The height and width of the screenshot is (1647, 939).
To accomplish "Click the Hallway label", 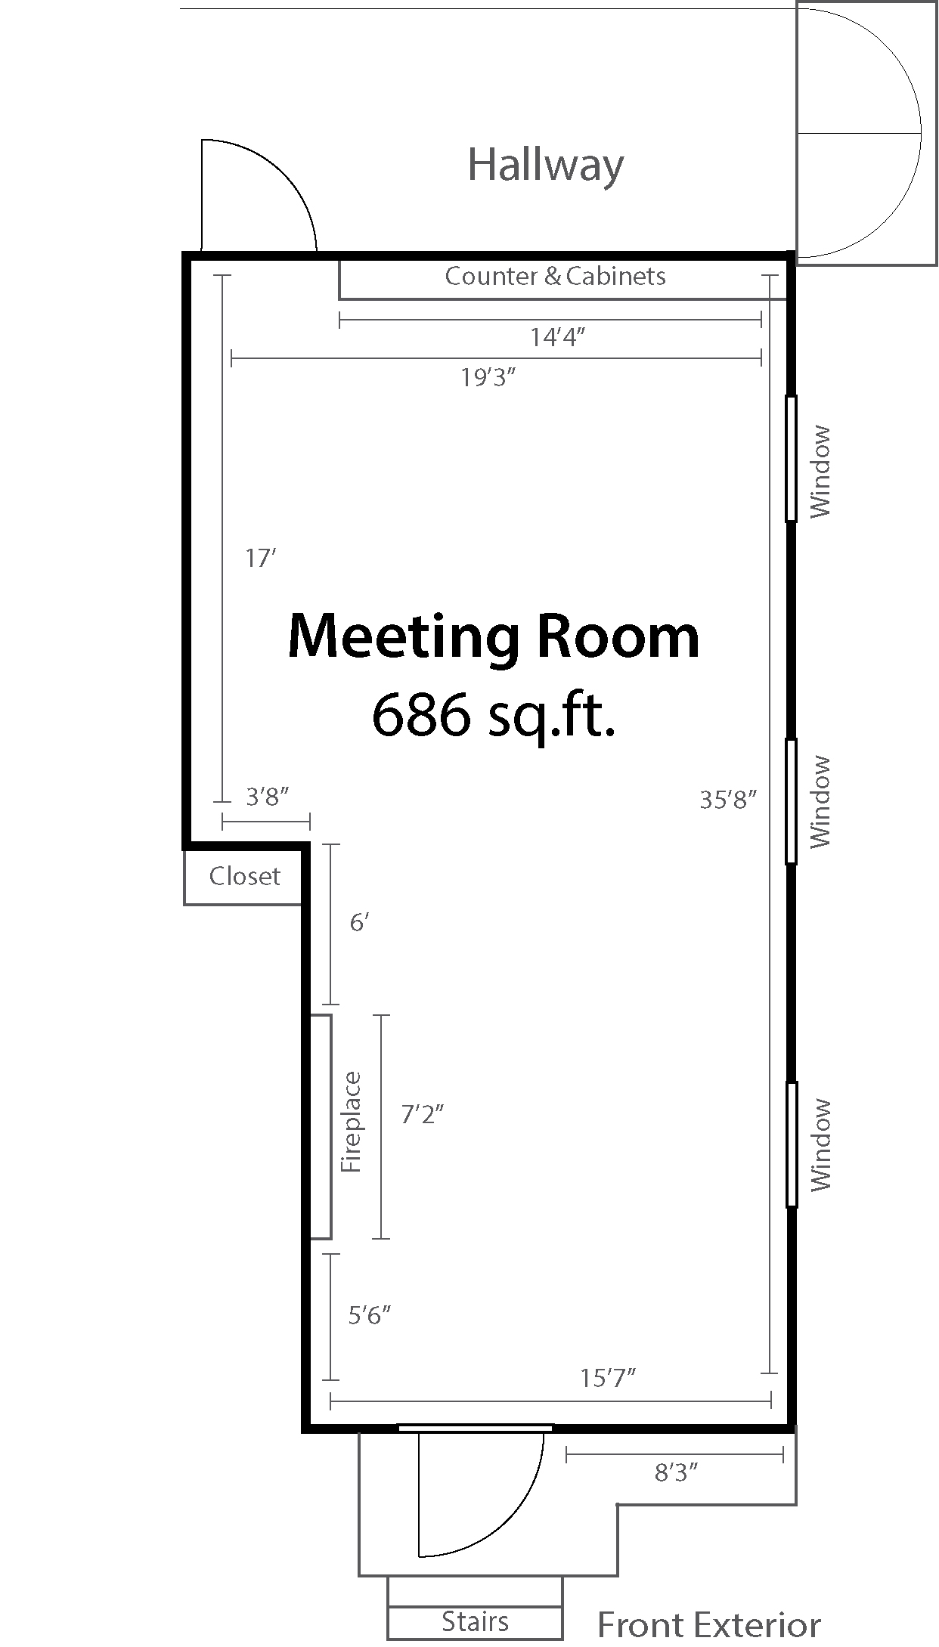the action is [x=546, y=166].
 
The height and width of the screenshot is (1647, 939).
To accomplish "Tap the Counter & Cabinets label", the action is [x=555, y=276].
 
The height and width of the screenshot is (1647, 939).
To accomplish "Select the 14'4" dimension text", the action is [x=558, y=337].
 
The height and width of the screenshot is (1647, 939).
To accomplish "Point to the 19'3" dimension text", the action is [x=488, y=377].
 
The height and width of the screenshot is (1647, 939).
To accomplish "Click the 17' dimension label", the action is [x=260, y=559].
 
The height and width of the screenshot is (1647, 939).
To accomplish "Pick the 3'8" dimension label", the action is [x=268, y=796].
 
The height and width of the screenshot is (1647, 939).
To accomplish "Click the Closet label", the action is [x=244, y=876].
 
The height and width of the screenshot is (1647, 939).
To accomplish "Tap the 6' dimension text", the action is [x=358, y=922].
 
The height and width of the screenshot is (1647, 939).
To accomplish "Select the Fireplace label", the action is [x=352, y=1122].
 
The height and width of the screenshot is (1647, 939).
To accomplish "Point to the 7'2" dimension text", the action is [x=422, y=1113].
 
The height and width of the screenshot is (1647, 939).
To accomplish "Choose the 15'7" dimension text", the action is [x=607, y=1378].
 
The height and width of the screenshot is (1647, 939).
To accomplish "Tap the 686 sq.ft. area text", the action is [x=494, y=714].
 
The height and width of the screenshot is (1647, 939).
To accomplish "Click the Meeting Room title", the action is [x=494, y=636].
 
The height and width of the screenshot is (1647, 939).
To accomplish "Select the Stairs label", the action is [x=475, y=1621].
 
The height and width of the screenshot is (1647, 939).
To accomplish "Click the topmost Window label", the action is [x=820, y=472].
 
